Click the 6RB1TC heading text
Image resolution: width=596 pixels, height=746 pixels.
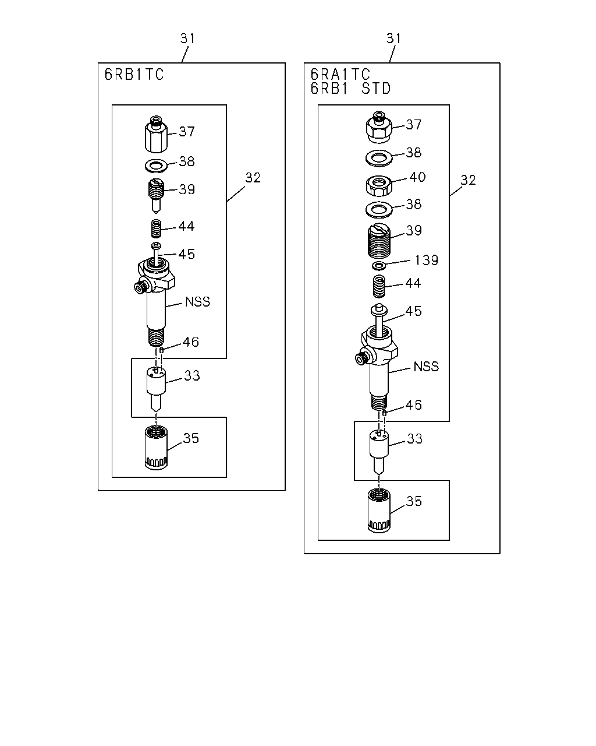(134, 74)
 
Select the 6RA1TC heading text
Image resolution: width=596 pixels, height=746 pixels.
(340, 74)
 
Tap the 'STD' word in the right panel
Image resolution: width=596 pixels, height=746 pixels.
(376, 89)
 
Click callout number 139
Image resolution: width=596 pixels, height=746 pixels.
(426, 260)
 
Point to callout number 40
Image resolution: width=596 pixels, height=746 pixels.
(417, 177)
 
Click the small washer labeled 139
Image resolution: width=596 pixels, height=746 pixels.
(379, 266)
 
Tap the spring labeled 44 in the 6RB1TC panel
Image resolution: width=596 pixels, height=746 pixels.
(156, 229)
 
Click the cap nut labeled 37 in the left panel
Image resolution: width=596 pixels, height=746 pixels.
(156, 135)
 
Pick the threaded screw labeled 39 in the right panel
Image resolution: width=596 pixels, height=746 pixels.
(379, 241)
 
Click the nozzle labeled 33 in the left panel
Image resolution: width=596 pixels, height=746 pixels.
(156, 389)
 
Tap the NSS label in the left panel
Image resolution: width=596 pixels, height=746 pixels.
(197, 301)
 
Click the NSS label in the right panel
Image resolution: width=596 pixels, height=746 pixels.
(426, 367)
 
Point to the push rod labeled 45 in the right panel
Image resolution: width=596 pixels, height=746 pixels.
(379, 321)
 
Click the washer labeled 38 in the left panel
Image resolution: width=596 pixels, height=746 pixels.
(156, 166)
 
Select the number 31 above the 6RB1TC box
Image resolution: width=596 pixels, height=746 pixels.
(187, 38)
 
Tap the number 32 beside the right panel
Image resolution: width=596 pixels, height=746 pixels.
(468, 180)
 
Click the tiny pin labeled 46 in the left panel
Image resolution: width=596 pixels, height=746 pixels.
(161, 350)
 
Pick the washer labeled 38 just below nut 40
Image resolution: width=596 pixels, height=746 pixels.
(379, 210)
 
